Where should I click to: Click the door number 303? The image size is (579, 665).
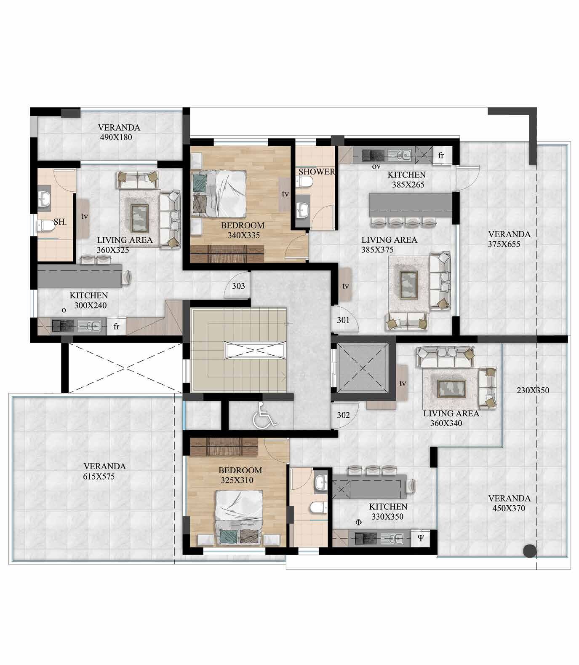tap(238, 286)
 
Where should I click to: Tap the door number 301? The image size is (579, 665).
tap(343, 320)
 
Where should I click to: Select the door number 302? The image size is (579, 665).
tap(343, 415)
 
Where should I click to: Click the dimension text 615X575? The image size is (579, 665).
tap(99, 477)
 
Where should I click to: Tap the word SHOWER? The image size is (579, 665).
tap(317, 172)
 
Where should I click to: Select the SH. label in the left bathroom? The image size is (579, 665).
tap(61, 222)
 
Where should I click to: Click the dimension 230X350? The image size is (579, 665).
tap(533, 390)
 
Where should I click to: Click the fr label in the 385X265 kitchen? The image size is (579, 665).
tap(441, 156)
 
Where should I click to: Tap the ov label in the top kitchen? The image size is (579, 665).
tap(376, 166)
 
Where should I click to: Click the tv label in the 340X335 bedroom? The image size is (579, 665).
tap(285, 194)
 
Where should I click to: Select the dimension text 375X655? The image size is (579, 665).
tap(504, 244)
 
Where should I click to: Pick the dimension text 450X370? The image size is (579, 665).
tap(509, 508)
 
